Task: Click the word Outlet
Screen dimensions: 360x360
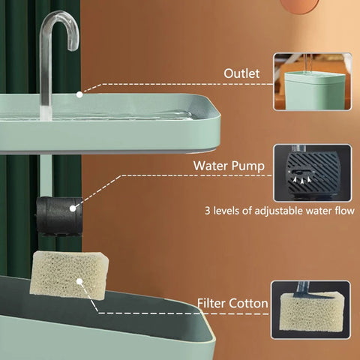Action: tap(241, 73)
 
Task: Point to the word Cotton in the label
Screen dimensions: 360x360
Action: tap(250, 303)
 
